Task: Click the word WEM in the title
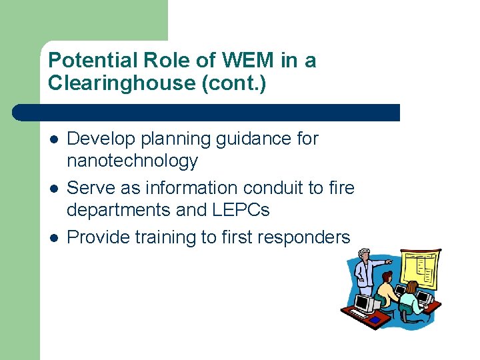pyautogui.click(x=247, y=61)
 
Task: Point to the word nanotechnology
pyautogui.click(x=133, y=161)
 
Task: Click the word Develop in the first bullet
pyautogui.click(x=97, y=139)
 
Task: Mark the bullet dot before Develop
pyautogui.click(x=53, y=140)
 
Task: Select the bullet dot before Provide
pyautogui.click(x=53, y=238)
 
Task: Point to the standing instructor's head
pyautogui.click(x=364, y=255)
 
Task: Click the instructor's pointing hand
pyautogui.click(x=389, y=263)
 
